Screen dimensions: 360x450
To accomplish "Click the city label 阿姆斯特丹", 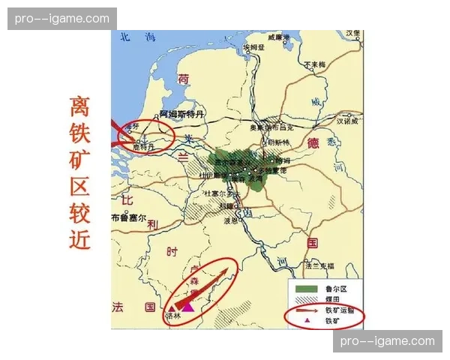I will [x=182, y=114].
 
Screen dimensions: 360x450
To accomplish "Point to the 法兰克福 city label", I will [x=318, y=265].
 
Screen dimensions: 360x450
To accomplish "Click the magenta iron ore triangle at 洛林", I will [x=187, y=306].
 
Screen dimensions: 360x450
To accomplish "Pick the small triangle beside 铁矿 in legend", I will [x=307, y=319].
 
